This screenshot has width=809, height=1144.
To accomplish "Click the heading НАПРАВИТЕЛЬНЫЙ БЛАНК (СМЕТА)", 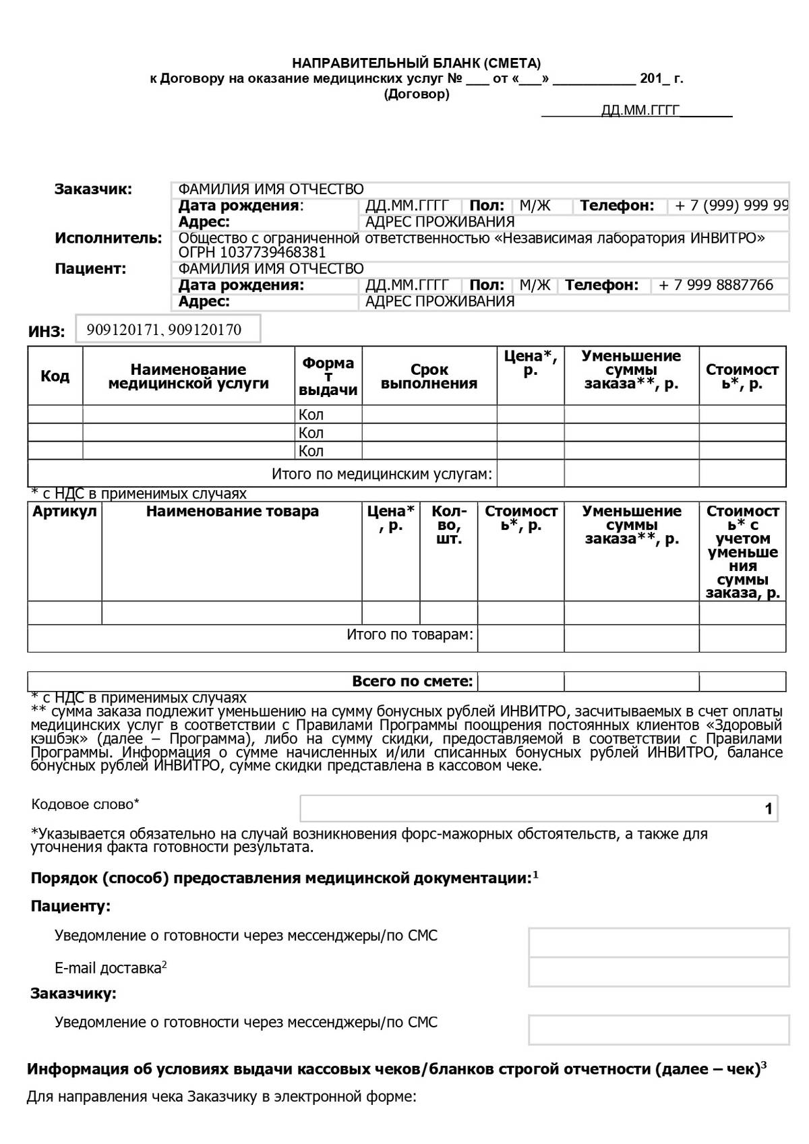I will point(416,63).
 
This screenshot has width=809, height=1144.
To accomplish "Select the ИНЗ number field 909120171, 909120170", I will point(167,330).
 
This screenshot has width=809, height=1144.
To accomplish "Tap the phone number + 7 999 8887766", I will point(715,285).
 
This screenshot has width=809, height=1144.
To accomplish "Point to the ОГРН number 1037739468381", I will point(252,253).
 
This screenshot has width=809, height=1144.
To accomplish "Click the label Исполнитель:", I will point(108,238).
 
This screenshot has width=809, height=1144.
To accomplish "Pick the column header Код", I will point(55,376).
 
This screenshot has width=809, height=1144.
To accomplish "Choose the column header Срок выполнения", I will point(429,376).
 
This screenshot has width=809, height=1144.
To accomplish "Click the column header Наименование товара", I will point(232,511).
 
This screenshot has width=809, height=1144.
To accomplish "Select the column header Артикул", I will point(65,511).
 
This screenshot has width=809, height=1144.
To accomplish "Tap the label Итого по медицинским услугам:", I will point(382,474).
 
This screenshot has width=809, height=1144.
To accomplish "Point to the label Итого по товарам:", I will point(410,634).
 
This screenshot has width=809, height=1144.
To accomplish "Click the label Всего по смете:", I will point(413,682).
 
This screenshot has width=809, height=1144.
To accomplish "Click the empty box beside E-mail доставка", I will point(659,971).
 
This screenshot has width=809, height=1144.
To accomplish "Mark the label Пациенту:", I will point(70,906).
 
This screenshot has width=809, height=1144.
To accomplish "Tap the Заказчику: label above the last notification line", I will point(73,993).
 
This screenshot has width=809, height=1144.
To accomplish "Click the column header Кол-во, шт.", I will point(448,525).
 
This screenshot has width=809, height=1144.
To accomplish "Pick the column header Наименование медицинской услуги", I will point(188,376).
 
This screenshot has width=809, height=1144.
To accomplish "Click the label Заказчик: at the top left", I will point(93,189).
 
